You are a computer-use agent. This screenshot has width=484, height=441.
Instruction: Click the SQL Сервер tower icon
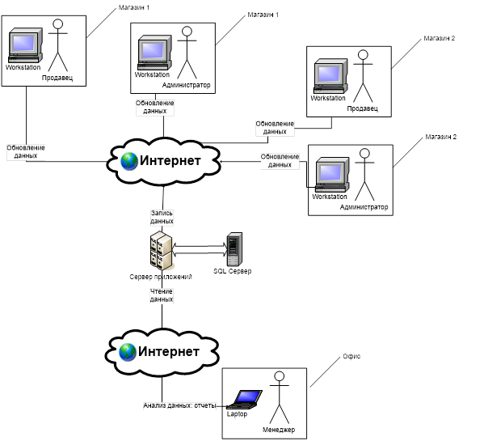point(234,249)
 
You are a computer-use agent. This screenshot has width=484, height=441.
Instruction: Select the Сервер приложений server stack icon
point(161,250)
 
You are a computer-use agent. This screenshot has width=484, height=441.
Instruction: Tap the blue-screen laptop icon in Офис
point(245,400)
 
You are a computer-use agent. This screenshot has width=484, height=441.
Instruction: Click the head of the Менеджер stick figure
point(280,376)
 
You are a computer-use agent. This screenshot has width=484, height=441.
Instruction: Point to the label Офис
point(351,356)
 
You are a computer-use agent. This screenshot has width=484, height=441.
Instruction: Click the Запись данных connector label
point(162,217)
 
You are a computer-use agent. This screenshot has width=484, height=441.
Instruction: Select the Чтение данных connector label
point(162,295)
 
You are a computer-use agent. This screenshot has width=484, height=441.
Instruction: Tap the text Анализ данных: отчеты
point(179,405)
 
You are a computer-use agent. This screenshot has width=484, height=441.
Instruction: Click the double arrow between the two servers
point(200,250)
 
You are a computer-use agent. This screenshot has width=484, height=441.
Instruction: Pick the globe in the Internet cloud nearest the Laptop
point(128,352)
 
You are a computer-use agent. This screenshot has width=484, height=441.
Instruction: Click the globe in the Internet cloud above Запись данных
point(129,161)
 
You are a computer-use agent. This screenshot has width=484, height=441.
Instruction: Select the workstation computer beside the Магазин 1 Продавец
point(25,45)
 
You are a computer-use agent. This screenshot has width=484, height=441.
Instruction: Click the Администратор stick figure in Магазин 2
point(364,175)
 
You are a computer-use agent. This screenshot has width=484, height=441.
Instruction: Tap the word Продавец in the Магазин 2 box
point(362,108)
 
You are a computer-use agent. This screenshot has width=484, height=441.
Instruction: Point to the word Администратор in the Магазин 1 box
point(186,85)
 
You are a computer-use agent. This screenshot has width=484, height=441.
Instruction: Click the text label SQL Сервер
point(233,271)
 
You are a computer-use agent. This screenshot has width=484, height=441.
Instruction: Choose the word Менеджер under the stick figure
point(279,430)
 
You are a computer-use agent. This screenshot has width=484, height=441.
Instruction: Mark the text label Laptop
point(237,413)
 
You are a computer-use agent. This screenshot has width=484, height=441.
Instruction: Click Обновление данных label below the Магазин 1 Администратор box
point(155,107)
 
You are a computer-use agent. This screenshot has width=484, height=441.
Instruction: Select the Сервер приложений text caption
point(161,277)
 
